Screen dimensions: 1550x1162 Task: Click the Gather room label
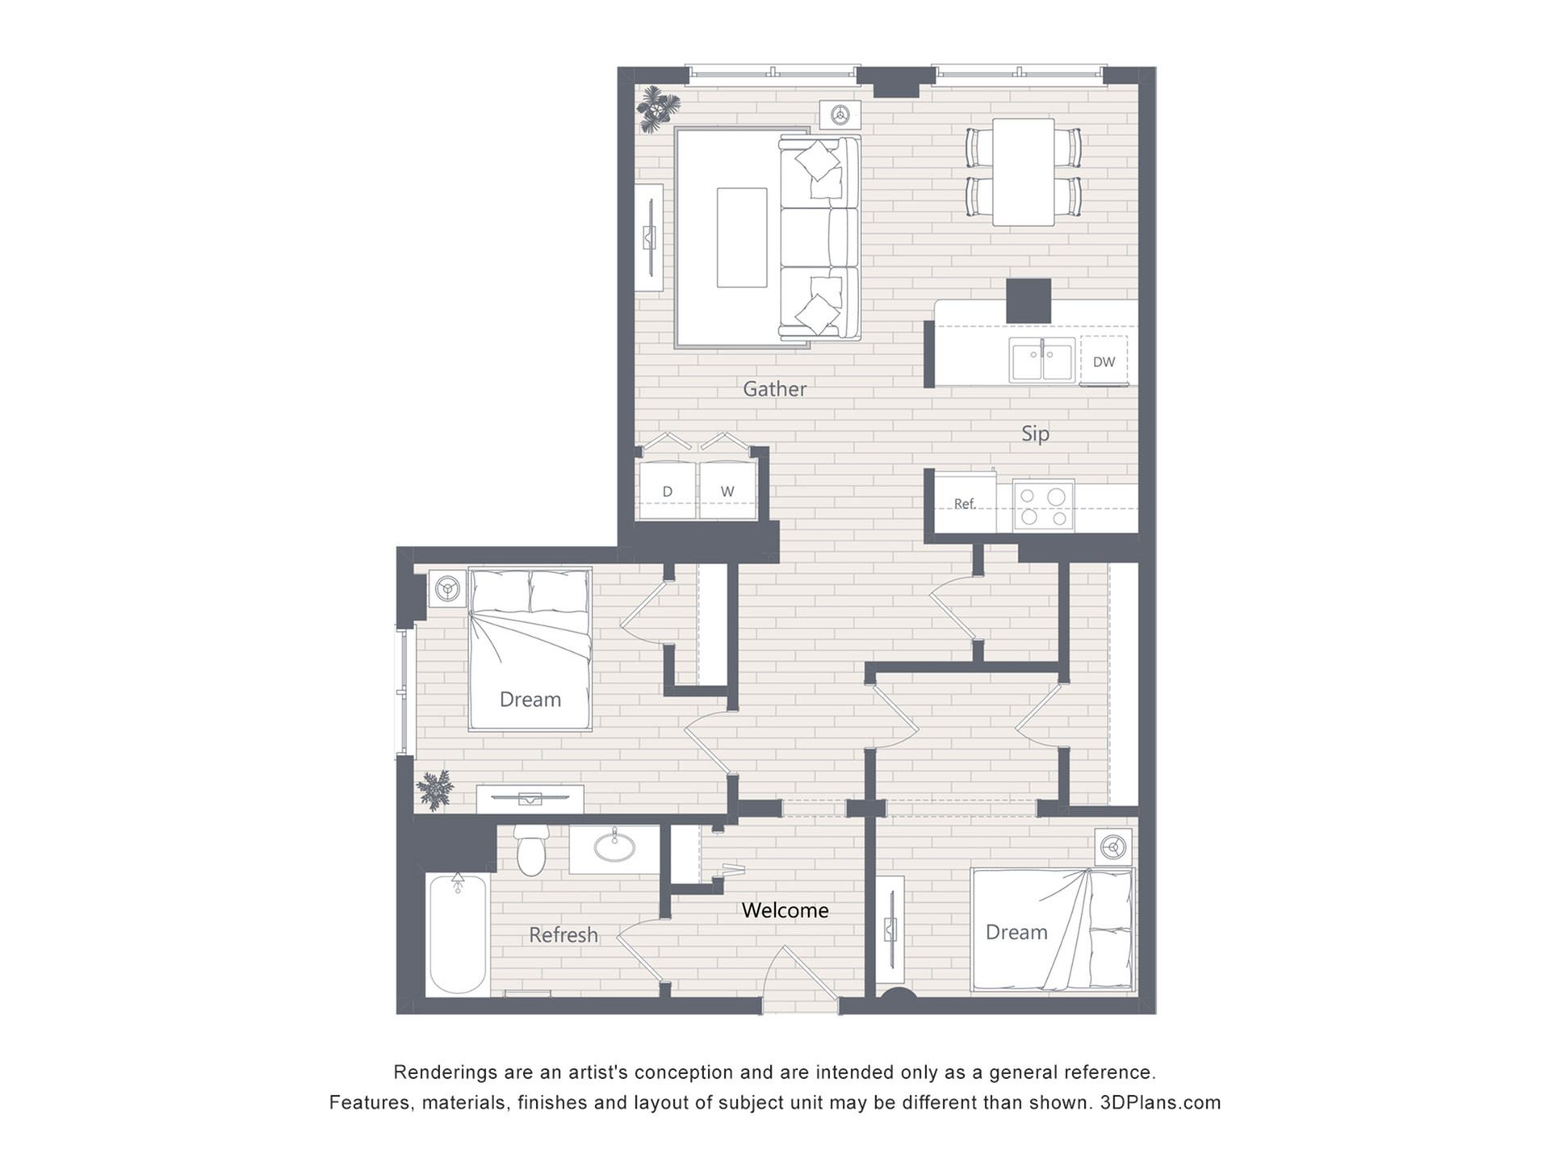click(774, 389)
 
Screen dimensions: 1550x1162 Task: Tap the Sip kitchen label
click(1035, 434)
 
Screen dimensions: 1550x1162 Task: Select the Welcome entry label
click(785, 910)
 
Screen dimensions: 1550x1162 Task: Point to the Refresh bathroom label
click(563, 934)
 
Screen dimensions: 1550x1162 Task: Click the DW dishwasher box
click(1104, 361)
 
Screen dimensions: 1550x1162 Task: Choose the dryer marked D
click(668, 491)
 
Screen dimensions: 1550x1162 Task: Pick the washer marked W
click(727, 491)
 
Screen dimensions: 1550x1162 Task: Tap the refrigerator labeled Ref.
click(965, 502)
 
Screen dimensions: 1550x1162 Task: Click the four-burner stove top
click(1043, 505)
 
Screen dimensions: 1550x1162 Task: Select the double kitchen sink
click(1042, 359)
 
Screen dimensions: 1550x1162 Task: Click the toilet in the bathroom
click(531, 850)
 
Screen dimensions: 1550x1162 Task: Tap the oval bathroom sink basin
click(614, 847)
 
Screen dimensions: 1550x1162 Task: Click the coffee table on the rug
click(742, 237)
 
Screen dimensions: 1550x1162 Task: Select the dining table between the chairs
click(1024, 172)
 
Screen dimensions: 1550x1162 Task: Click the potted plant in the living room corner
click(659, 108)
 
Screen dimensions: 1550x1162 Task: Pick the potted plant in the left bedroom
click(436, 790)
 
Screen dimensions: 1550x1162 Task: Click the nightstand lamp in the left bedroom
click(447, 589)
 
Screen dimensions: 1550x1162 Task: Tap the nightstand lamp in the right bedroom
click(1114, 847)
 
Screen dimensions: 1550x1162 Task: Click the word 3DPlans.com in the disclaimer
click(1160, 1102)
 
